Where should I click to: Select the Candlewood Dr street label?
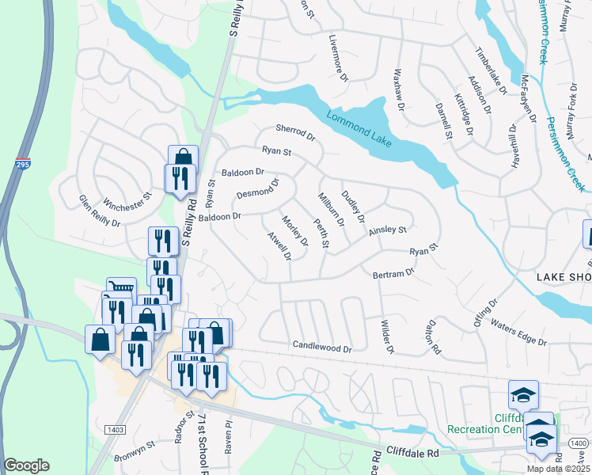pyautogui.click(x=321, y=346)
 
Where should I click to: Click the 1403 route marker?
pyautogui.click(x=114, y=429)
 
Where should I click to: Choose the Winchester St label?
pyautogui.click(x=123, y=200)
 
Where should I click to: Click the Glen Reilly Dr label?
pyautogui.click(x=99, y=212)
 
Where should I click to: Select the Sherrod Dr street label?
pyautogui.click(x=295, y=132)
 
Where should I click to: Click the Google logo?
pyautogui.click(x=27, y=465)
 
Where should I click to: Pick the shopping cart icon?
pyautogui.click(x=121, y=289)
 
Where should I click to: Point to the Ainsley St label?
pyautogui.click(x=387, y=230)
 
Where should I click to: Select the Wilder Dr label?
pyautogui.click(x=387, y=336)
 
